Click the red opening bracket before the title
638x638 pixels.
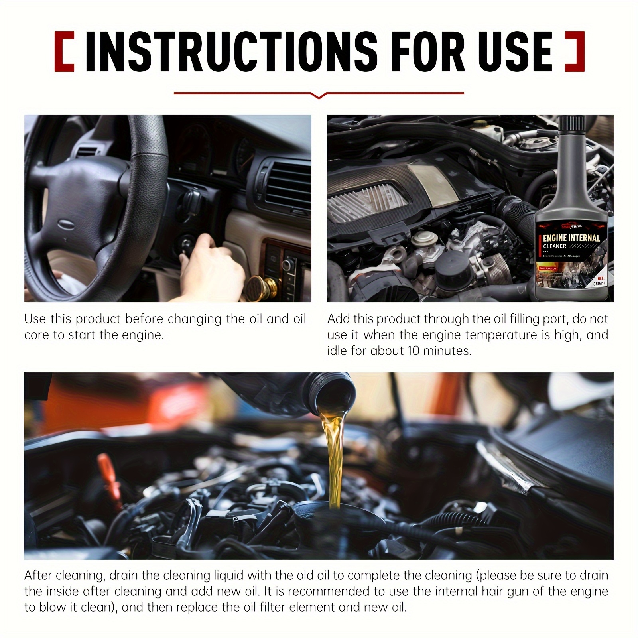pos(64,52)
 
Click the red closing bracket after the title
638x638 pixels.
pos(575,52)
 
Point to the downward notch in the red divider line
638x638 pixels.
pos(319,96)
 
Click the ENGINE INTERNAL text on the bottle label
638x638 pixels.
pos(571,238)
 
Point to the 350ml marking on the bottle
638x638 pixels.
pos(599,283)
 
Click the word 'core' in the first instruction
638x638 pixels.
pos(37,335)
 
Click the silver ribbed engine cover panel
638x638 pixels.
pos(367,199)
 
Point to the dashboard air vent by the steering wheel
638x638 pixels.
pos(287,187)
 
